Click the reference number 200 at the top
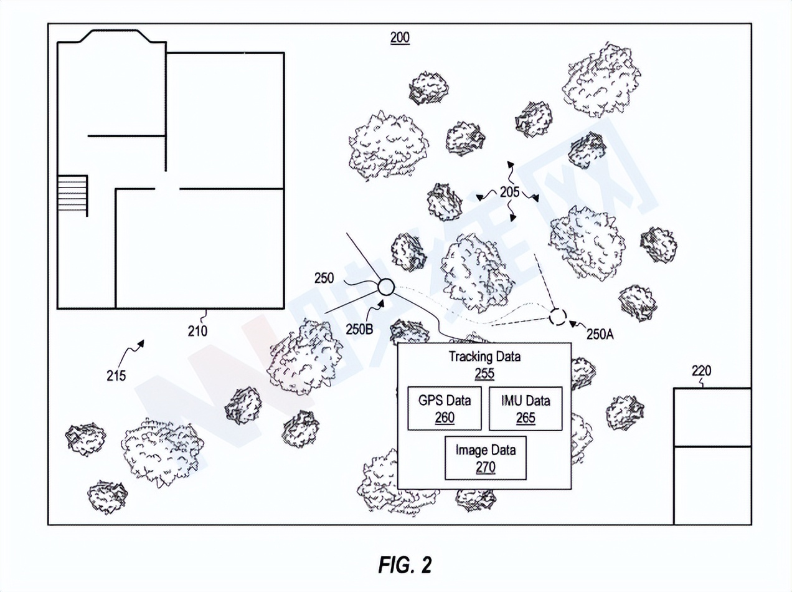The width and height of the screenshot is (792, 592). [x=400, y=37]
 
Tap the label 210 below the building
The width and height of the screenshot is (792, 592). [x=198, y=331]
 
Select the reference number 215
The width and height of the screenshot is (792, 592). [x=115, y=376]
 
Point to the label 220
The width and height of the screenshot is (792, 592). [x=701, y=371]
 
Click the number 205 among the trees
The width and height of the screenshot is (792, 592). [x=509, y=193]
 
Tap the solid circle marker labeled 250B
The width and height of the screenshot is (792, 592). [x=385, y=287]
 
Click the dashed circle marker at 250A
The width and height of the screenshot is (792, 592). [x=557, y=317]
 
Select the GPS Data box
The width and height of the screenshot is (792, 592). [x=445, y=408]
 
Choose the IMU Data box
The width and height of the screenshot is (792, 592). [x=526, y=408]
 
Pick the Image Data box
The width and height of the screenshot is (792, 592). [x=486, y=457]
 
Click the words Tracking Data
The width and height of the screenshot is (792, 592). [x=484, y=357]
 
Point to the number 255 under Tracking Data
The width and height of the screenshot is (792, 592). [x=484, y=373]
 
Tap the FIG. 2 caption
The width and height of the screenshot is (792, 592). [x=404, y=565]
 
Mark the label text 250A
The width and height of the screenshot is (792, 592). [x=600, y=334]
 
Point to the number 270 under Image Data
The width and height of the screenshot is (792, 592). [x=486, y=467]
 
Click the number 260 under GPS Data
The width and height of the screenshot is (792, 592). [x=445, y=418]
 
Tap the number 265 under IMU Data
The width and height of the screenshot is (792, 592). [x=526, y=418]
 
